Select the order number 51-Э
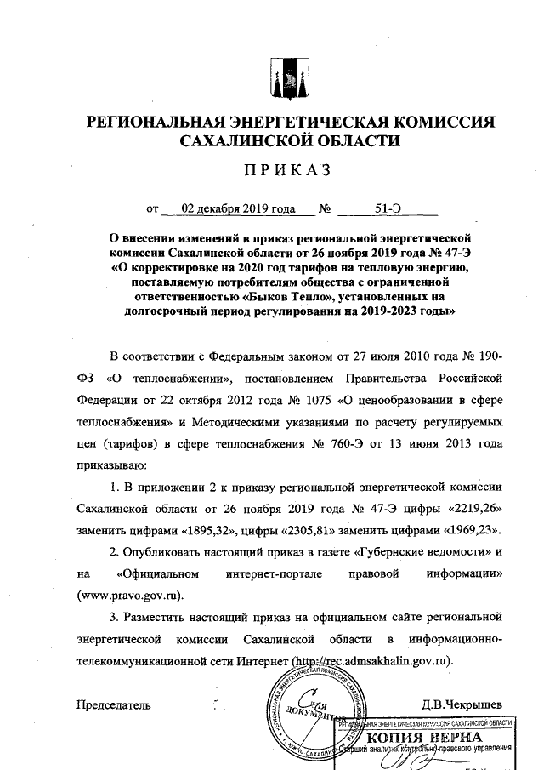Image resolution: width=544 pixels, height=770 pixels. (x=390, y=207)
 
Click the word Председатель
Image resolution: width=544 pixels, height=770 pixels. (x=114, y=704)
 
